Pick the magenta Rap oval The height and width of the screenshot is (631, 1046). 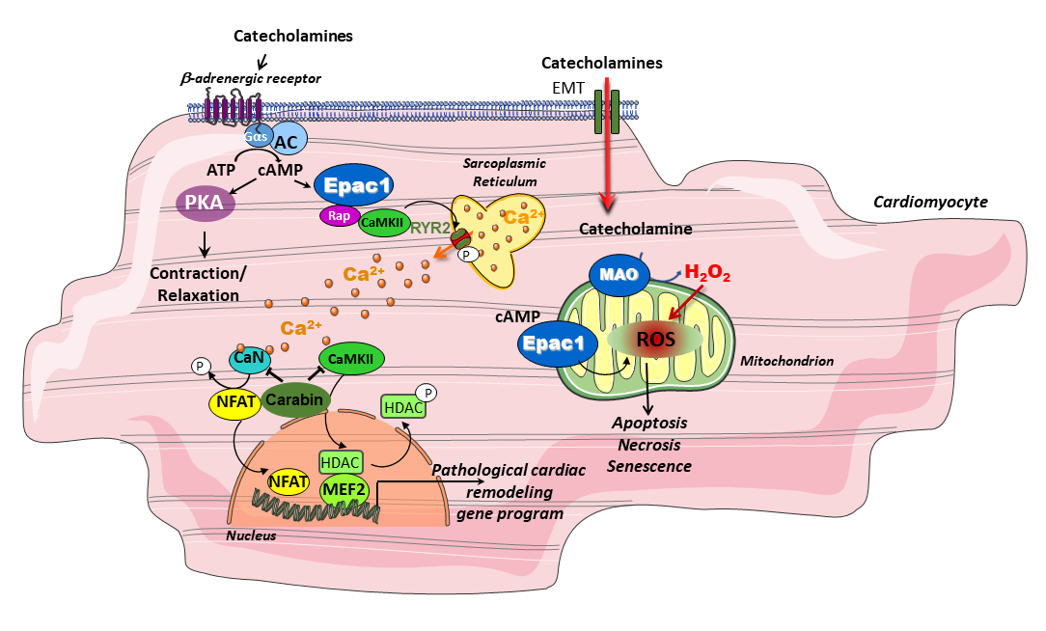point(338,217)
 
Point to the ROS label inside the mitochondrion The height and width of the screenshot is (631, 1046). point(655,339)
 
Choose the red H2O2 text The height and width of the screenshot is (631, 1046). point(707,276)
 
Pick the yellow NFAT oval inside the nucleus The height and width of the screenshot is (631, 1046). point(288,479)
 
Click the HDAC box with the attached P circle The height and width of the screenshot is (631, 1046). point(404,408)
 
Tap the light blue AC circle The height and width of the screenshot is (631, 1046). point(287,141)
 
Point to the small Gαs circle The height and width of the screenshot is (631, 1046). point(258,135)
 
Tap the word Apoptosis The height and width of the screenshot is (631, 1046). point(648,424)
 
